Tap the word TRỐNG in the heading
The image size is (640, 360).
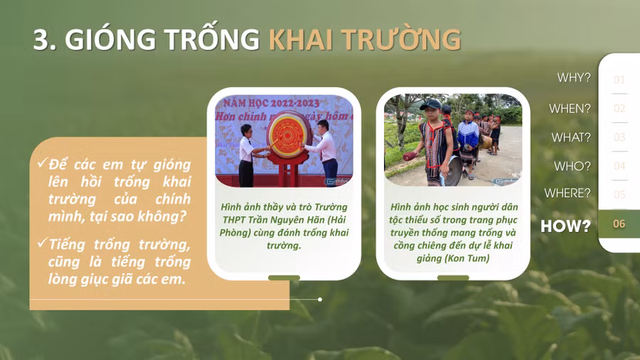coord(212,39)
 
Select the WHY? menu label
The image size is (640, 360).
coord(574,78)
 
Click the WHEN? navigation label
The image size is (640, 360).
coord(570,109)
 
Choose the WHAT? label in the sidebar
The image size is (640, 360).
coord(571,137)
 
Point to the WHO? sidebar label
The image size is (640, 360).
coord(572,166)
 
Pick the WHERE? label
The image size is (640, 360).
coord(567,193)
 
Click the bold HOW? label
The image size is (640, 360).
coord(566,226)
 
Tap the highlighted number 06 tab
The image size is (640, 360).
coord(619,223)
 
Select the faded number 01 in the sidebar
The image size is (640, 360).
coord(619,80)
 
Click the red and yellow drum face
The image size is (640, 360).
coord(287,134)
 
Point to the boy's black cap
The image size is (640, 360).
coord(430,105)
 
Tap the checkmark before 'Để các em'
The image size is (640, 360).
coord(42,163)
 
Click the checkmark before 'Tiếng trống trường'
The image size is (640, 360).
coord(42,243)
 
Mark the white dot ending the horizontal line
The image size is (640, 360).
coord(320,300)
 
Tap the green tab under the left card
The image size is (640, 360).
coord(284,278)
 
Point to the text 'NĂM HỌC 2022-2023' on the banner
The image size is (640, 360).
coord(271,102)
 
